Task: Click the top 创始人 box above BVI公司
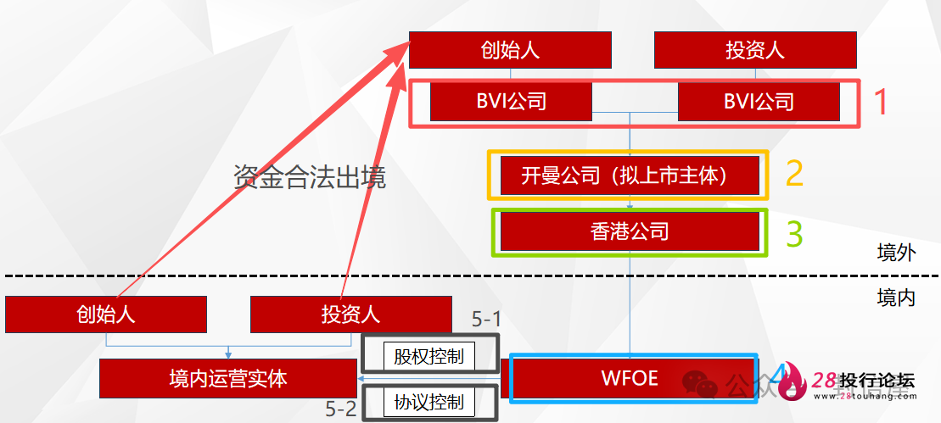click(509, 50)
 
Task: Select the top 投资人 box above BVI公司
click(754, 50)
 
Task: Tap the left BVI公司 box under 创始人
click(511, 103)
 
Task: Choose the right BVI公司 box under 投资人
click(759, 103)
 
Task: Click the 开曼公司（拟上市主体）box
click(630, 176)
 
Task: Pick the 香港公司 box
click(630, 231)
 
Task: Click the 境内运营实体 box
click(227, 378)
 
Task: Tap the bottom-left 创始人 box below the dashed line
click(106, 314)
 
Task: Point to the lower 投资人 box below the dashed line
click(350, 314)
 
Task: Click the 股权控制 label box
click(428, 356)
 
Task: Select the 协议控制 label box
click(428, 403)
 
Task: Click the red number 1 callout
click(880, 103)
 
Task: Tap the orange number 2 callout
click(794, 173)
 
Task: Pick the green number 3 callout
click(794, 233)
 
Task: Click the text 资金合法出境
click(310, 178)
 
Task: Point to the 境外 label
click(896, 253)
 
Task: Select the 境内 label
click(896, 298)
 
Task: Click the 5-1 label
click(486, 319)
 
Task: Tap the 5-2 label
click(341, 408)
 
